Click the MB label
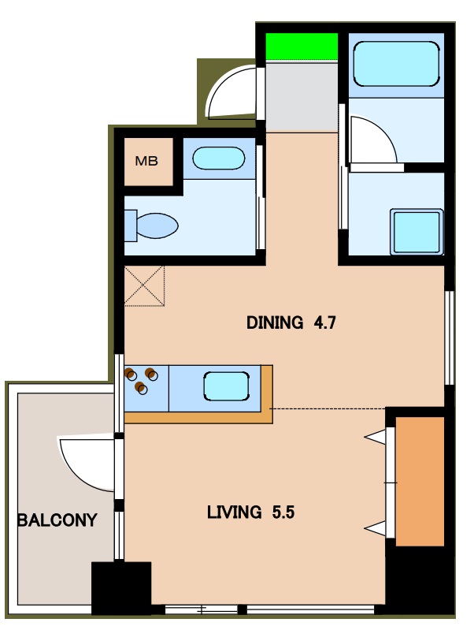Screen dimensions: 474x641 coord(146,161)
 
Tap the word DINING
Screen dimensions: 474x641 coord(275,322)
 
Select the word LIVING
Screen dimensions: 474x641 coord(235,512)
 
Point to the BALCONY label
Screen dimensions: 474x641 coord(57,520)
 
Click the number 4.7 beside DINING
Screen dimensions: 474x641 coord(325,322)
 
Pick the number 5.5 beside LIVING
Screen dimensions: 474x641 coord(283,512)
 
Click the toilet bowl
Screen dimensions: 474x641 coord(152,225)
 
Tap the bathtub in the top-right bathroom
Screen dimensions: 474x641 coord(396,64)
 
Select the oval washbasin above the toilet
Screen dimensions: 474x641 coord(218,158)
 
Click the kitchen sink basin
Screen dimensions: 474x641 coord(226,386)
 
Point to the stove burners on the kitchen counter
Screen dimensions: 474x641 coord(141,380)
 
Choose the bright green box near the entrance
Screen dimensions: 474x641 coord(302,47)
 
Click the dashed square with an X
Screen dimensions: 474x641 coord(144,285)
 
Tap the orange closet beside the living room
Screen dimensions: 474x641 coord(420,481)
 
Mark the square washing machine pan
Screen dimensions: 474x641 coord(417,231)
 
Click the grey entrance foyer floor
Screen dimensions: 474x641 coord(302,96)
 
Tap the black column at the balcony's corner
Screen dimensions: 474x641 coord(120,588)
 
